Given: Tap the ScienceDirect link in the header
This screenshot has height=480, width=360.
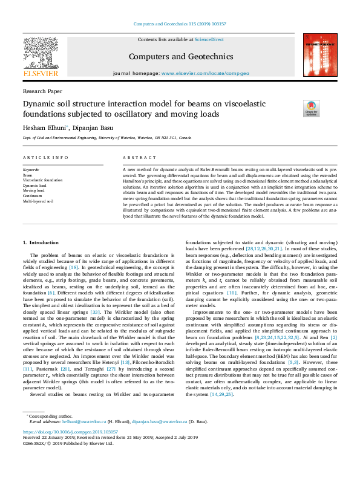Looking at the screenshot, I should click(210, 39).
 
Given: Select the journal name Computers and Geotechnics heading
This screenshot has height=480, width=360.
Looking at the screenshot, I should click(182, 57).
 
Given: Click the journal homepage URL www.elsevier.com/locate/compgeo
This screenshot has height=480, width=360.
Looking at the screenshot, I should click(205, 73).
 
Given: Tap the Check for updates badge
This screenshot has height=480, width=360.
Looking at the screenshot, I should click(312, 108).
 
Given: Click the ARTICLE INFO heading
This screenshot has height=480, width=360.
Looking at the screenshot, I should click(45, 157).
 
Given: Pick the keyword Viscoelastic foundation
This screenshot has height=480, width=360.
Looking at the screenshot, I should click(42, 180).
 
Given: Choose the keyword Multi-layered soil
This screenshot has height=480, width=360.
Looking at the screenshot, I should click(38, 200).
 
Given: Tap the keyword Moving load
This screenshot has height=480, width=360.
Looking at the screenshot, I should click(33, 190).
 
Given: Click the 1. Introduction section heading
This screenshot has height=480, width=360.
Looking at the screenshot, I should click(41, 242).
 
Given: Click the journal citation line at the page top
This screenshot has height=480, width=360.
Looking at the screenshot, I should click(180, 24).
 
